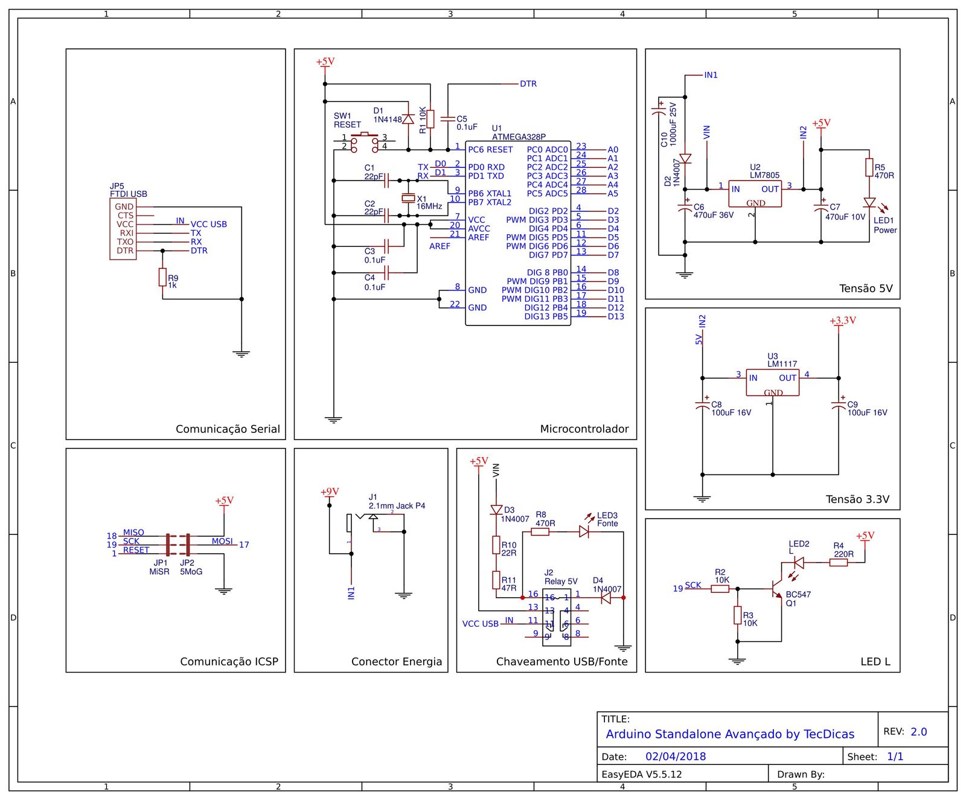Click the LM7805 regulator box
point(755,194)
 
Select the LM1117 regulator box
point(772,382)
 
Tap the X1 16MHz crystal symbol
point(409,198)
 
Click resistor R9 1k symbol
point(162,277)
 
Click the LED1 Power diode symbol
point(869,203)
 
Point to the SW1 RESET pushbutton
point(364,142)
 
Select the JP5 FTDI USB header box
point(123,229)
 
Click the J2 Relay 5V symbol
point(556,617)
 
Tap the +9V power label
point(330,492)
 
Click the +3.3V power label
point(842,321)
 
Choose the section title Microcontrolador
point(584,429)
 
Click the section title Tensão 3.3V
point(857,499)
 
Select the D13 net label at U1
point(616,316)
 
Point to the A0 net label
point(613,150)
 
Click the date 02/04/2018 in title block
point(675,757)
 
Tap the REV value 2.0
point(918,732)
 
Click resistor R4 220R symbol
point(838,562)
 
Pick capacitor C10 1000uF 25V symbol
point(659,111)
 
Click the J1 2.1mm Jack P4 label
point(397,505)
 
